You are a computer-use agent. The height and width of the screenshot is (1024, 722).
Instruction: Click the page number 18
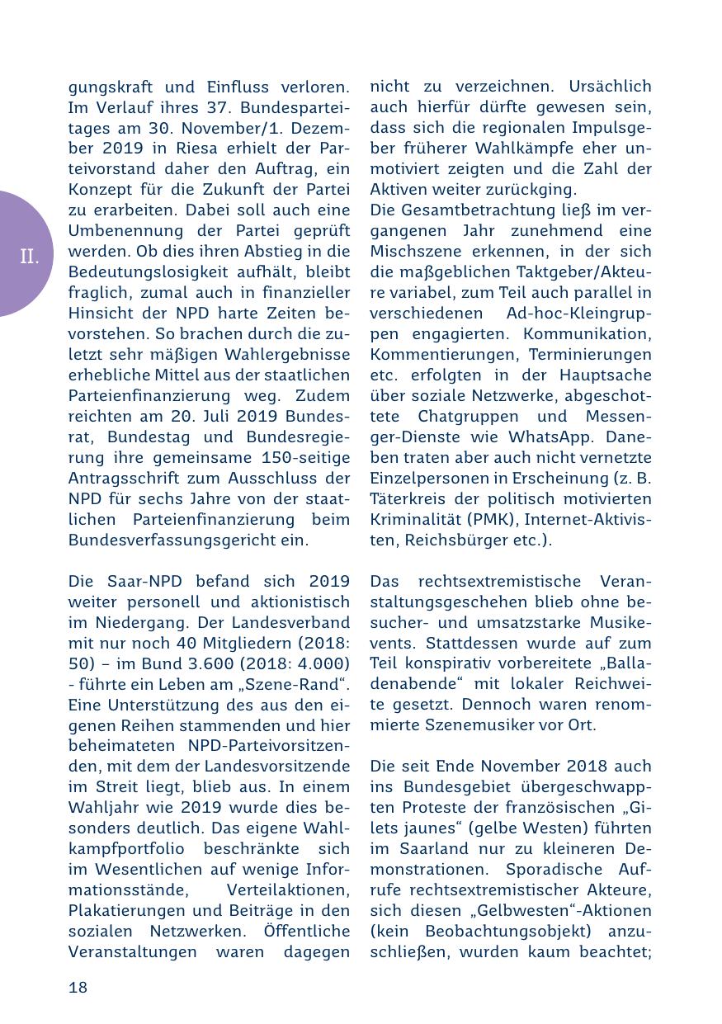tap(78, 988)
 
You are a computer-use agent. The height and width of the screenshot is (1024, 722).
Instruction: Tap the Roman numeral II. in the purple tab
tap(30, 257)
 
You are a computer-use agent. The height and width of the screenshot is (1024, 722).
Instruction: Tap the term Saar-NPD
tap(139, 582)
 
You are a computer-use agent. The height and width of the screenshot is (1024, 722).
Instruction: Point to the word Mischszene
tap(415, 252)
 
